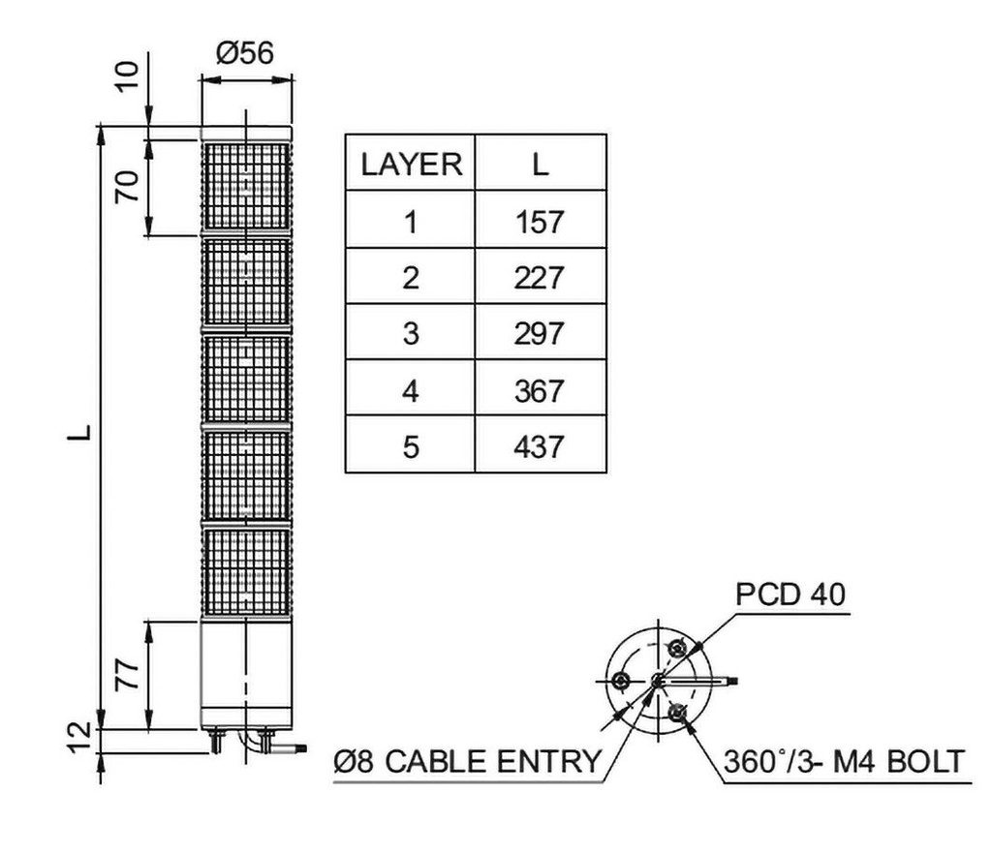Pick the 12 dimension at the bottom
[83, 739]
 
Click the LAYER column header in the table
[411, 164]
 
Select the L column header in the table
[541, 164]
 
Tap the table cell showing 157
[541, 222]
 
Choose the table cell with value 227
[541, 278]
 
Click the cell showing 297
[541, 334]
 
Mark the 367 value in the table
[541, 390]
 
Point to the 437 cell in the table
[541, 446]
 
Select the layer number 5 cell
[411, 446]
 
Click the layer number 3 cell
[411, 334]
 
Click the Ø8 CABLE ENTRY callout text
[467, 762]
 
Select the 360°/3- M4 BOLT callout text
[844, 762]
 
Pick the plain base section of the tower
[245, 675]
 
